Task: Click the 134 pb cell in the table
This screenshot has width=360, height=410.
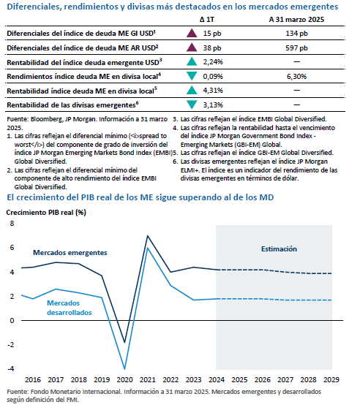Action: pyautogui.click(x=296, y=34)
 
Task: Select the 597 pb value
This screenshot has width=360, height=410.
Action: pyautogui.click(x=296, y=48)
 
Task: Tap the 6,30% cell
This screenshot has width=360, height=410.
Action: pyautogui.click(x=296, y=77)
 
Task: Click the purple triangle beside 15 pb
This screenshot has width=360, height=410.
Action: pyautogui.click(x=192, y=33)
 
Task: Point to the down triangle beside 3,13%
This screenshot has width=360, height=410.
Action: pyautogui.click(x=192, y=105)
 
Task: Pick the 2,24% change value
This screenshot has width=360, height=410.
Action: pyautogui.click(x=213, y=62)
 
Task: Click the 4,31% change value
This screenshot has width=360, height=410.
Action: pyautogui.click(x=213, y=91)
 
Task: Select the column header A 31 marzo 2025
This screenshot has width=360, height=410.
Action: pyautogui.click(x=296, y=20)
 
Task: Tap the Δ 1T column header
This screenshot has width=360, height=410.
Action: pyautogui.click(x=207, y=20)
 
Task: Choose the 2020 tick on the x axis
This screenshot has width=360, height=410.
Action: pyautogui.click(x=124, y=379)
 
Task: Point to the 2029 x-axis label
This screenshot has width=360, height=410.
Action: pyautogui.click(x=331, y=379)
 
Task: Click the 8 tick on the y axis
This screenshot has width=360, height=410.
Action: pyautogui.click(x=12, y=224)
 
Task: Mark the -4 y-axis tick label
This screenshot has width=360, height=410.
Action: pyautogui.click(x=11, y=368)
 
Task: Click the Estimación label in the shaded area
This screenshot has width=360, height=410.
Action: pyautogui.click(x=279, y=249)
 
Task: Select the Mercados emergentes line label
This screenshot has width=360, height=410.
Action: pyautogui.click(x=70, y=253)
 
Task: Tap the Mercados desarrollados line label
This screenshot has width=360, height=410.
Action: pyautogui.click(x=69, y=308)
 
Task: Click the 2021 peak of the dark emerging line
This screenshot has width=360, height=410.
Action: pyautogui.click(x=148, y=236)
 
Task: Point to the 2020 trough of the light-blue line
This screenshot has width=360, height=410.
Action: pyautogui.click(x=124, y=369)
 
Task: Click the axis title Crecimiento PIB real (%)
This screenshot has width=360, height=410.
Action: pyautogui.click(x=46, y=213)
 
